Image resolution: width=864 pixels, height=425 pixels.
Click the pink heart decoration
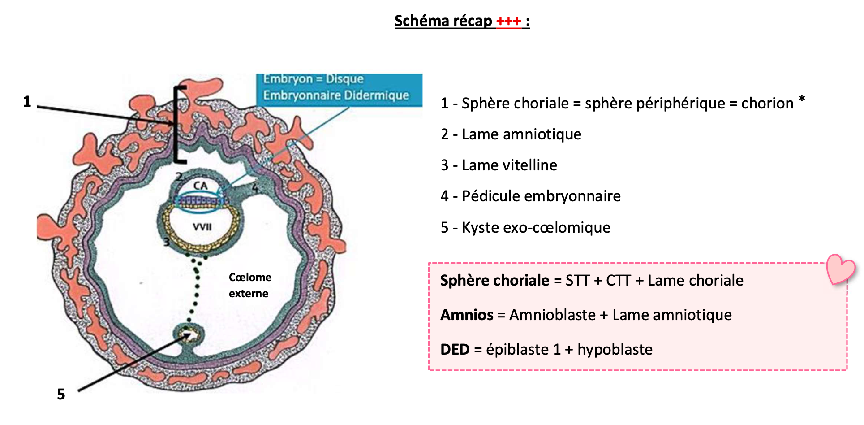(x=841, y=269)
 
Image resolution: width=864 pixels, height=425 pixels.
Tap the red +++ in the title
(x=508, y=21)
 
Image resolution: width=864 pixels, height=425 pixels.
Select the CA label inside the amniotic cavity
(x=200, y=186)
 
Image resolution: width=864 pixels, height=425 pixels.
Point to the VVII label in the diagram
(x=202, y=227)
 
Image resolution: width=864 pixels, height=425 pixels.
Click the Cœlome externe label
(x=249, y=285)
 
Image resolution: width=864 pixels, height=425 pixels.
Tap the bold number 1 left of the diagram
(x=27, y=102)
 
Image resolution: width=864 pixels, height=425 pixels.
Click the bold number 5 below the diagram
(x=61, y=395)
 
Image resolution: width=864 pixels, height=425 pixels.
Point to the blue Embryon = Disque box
(x=339, y=89)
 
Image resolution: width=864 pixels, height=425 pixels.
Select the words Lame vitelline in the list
(x=509, y=165)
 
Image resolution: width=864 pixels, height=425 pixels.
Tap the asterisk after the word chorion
(x=801, y=99)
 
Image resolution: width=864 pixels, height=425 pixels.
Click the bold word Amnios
(x=466, y=315)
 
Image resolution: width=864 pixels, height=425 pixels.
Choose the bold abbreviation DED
(x=455, y=350)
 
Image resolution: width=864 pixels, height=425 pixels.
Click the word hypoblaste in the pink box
(x=615, y=350)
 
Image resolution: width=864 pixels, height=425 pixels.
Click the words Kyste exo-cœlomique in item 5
(x=536, y=228)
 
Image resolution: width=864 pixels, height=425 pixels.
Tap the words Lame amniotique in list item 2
(x=521, y=134)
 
